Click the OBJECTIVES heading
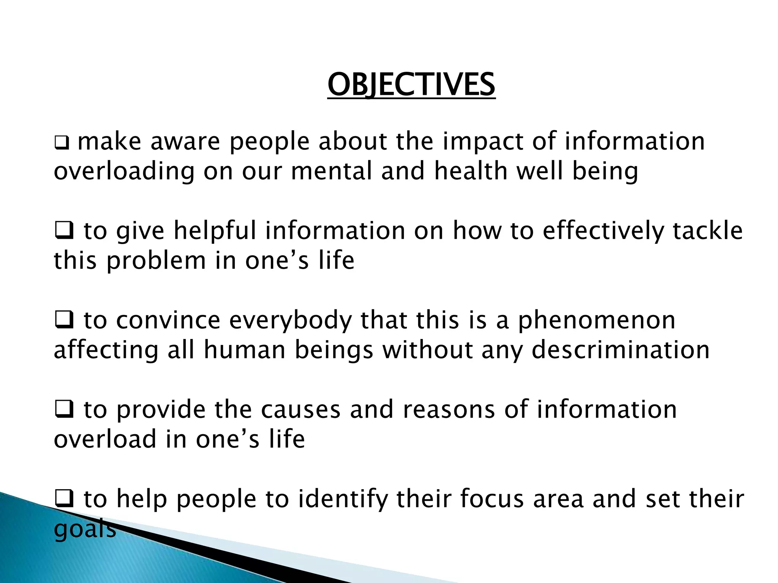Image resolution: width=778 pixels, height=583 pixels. tap(411, 85)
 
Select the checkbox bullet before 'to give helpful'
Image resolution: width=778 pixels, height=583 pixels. tap(64, 231)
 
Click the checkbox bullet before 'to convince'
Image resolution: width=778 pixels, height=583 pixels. tap(64, 320)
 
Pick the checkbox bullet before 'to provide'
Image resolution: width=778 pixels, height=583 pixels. tap(64, 410)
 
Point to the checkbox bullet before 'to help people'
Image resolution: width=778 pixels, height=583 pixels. tap(64, 499)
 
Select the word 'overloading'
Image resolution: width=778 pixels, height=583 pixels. tap(124, 172)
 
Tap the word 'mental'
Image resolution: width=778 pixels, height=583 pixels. tap(331, 171)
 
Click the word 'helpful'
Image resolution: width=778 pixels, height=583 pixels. tap(215, 231)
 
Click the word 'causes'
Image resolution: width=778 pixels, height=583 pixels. tap(300, 410)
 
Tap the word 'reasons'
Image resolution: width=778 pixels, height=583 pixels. tap(449, 410)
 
